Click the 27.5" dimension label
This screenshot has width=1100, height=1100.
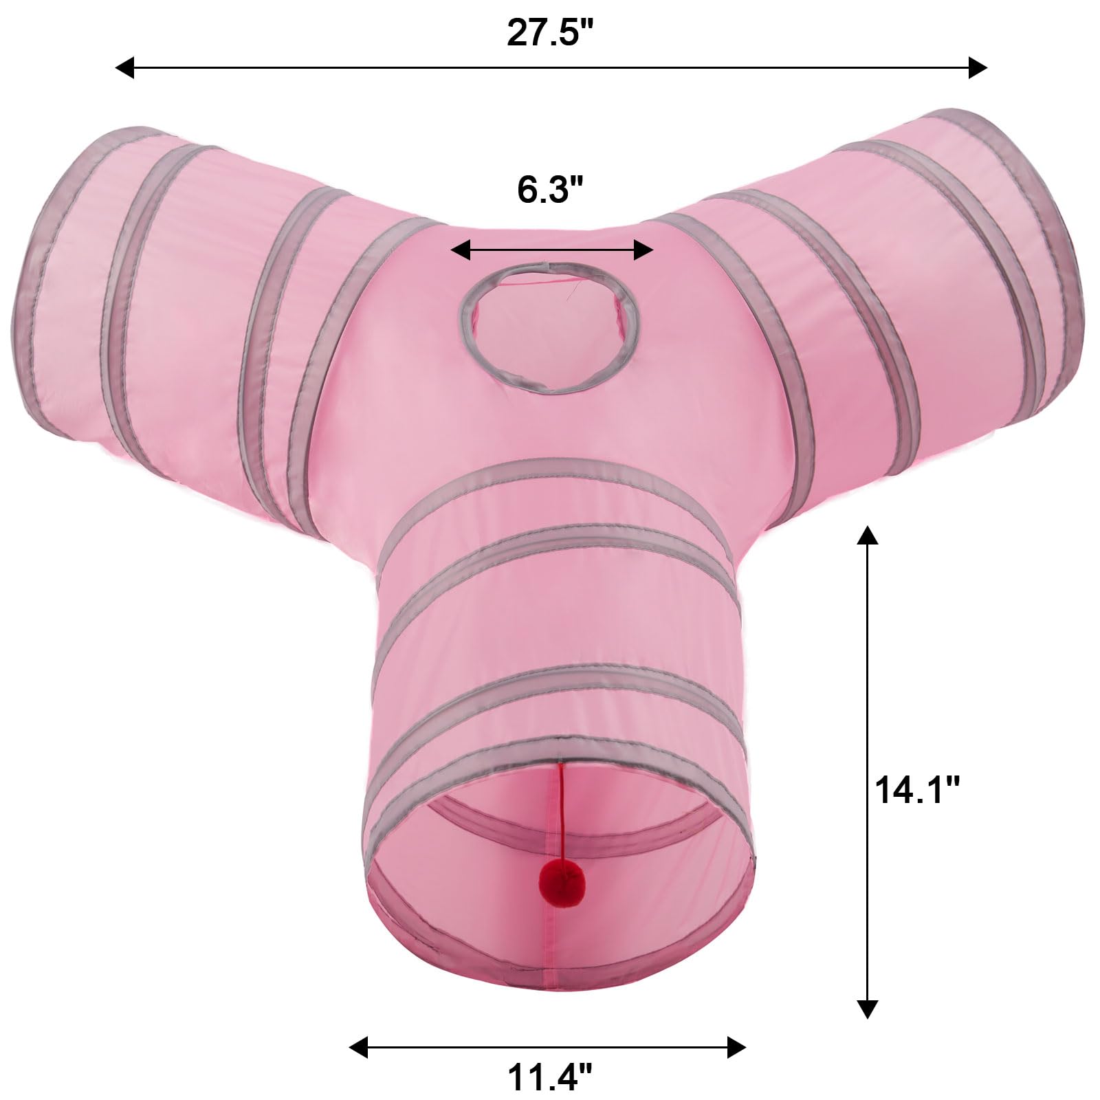point(549,32)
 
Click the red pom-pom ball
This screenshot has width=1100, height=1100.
point(560,882)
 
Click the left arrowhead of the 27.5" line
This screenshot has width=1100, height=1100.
point(124,67)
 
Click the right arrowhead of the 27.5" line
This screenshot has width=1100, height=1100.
point(978,67)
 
